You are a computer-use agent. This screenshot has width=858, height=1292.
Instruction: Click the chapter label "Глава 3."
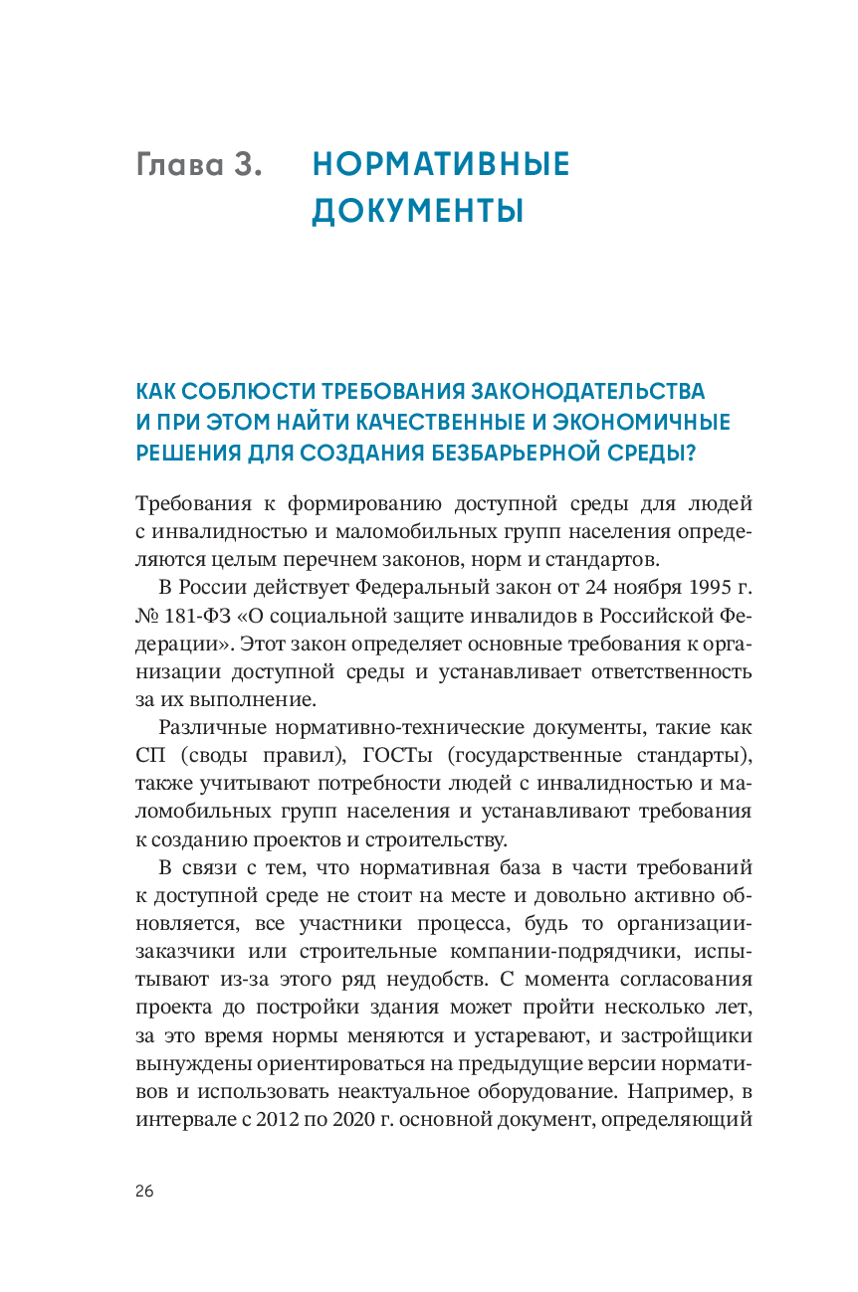coord(199,165)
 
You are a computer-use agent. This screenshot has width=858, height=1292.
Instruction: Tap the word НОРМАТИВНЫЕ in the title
coord(441,165)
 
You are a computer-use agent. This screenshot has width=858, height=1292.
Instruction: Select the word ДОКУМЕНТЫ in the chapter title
coord(418,211)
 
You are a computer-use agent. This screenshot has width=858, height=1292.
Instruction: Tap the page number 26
coord(145,1193)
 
